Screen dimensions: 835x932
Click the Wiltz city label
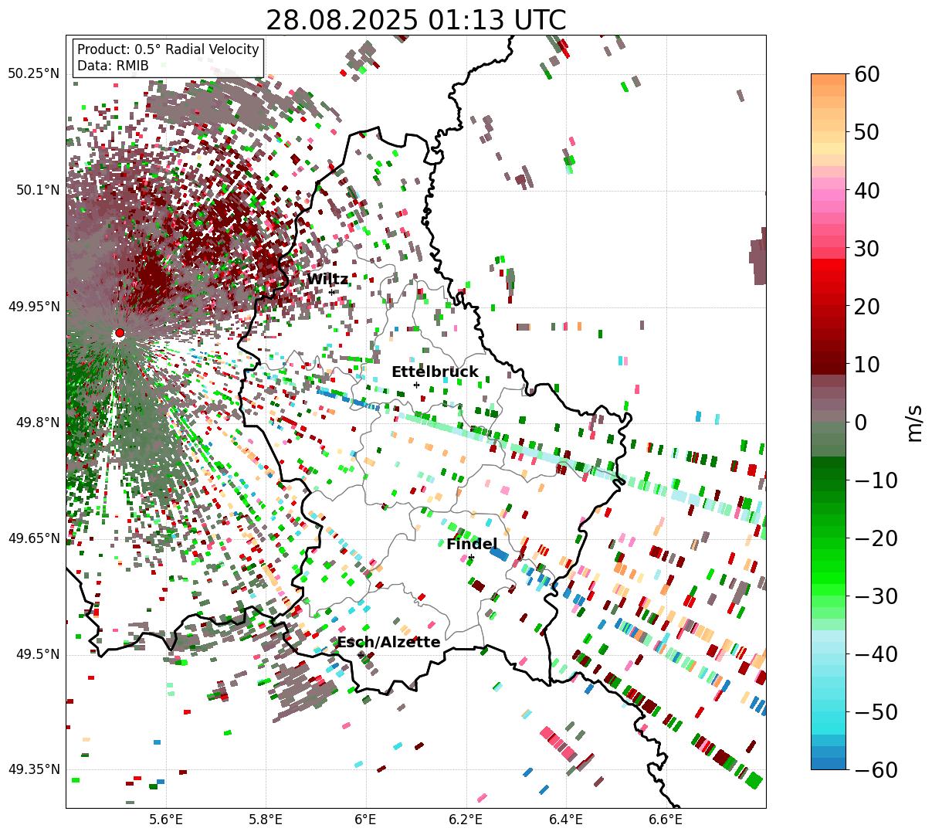(327, 280)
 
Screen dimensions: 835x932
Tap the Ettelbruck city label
(435, 372)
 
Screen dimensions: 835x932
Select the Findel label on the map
(472, 545)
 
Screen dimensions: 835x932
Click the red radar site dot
(119, 333)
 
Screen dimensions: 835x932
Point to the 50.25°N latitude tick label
(34, 74)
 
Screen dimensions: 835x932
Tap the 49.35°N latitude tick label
(34, 770)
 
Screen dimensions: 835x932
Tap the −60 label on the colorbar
(877, 770)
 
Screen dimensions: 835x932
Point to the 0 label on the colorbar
(860, 423)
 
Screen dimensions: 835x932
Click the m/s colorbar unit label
(916, 423)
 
